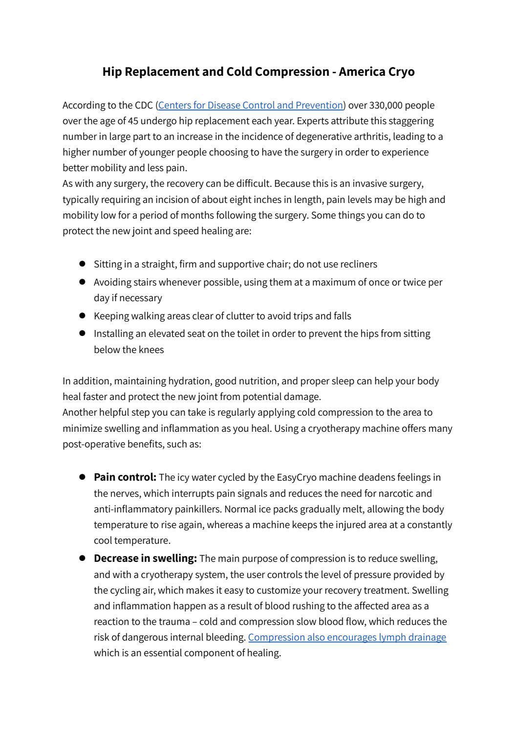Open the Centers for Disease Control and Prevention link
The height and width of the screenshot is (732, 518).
point(251,105)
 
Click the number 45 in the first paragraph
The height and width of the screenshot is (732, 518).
point(132,121)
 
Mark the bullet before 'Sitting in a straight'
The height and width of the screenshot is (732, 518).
point(82,264)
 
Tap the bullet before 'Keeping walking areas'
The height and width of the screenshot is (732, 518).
point(82,316)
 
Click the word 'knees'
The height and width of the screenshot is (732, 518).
point(151,350)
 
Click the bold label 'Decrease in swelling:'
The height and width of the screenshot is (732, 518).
point(145,558)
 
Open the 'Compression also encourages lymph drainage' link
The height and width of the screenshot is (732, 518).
point(347,637)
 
